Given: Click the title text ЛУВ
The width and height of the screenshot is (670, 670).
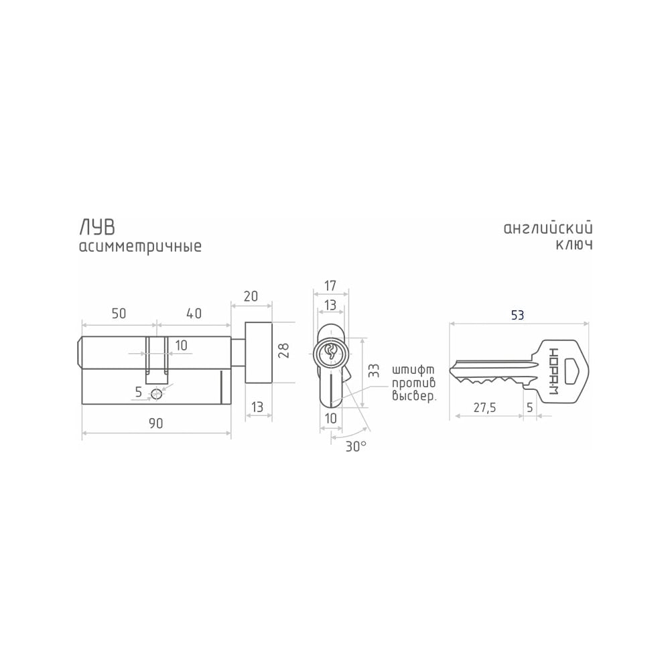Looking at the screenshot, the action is click(x=97, y=228).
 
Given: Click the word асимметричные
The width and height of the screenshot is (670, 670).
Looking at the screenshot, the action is click(x=140, y=247).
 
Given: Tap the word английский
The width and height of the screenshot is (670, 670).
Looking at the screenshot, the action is click(x=548, y=228).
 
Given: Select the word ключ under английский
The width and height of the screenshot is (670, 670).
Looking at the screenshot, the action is click(x=574, y=245).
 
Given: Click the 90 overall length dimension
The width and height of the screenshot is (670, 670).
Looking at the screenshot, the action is click(x=156, y=423).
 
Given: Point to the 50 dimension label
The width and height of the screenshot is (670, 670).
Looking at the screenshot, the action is click(x=119, y=313).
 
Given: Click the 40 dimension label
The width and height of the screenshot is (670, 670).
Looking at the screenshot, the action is click(x=194, y=313).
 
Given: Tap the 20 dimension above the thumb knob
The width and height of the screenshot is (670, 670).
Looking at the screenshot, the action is click(x=251, y=296).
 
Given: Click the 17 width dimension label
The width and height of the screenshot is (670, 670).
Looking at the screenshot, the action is click(x=330, y=285).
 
